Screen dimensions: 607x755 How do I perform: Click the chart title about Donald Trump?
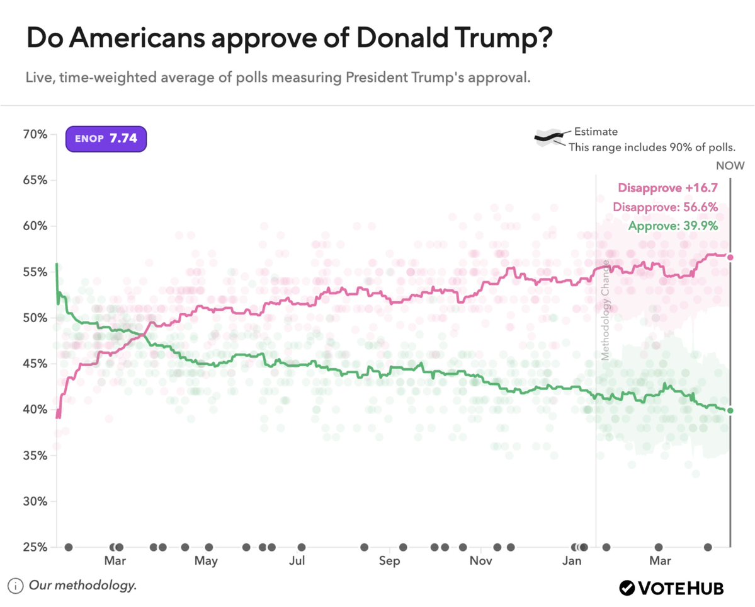click(290, 40)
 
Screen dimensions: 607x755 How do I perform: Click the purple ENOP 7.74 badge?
click(106, 138)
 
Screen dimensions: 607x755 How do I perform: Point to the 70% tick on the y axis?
click(35, 134)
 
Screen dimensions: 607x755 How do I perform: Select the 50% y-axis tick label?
click(35, 318)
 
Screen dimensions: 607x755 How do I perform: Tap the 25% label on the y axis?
click(35, 547)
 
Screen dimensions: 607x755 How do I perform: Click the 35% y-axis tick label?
click(35, 455)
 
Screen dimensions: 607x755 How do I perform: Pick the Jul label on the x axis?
click(297, 561)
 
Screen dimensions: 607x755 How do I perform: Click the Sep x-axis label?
click(389, 561)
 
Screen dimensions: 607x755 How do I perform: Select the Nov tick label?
click(480, 561)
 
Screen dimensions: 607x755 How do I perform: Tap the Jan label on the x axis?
click(572, 561)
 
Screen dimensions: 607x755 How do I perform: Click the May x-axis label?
click(206, 561)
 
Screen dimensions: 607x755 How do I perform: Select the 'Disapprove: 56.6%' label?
click(666, 207)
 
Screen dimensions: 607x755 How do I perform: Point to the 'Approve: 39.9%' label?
click(674, 226)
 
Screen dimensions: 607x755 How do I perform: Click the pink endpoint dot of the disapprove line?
click(730, 257)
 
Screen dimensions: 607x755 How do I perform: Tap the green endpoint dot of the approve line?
click(730, 410)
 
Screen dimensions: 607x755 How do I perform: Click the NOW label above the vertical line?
click(730, 166)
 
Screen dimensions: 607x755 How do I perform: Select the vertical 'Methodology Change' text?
click(605, 309)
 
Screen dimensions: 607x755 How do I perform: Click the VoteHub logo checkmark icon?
click(627, 588)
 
